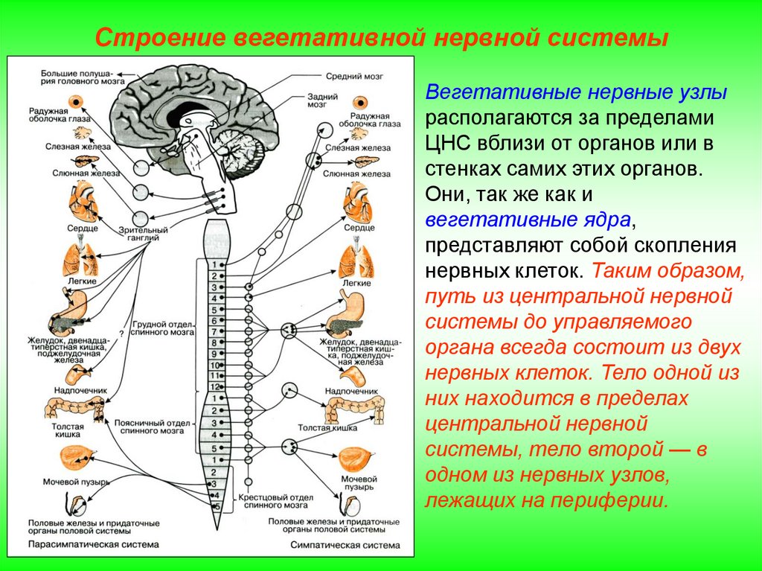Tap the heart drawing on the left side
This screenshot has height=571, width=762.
[x=80, y=200]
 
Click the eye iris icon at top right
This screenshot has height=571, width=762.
[x=361, y=103]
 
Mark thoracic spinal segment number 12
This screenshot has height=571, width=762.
[x=214, y=387]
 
